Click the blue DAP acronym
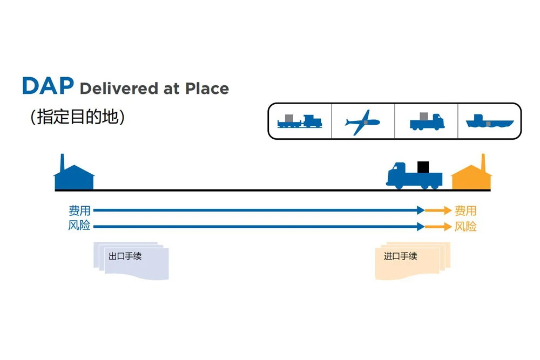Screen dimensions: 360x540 48,86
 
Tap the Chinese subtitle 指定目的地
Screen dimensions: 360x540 77,117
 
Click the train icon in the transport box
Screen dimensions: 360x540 299,121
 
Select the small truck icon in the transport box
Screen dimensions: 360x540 426,121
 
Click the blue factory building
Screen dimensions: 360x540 74,178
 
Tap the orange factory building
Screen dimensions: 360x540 471,178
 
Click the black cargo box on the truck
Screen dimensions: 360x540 423,167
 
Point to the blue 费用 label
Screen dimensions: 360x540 79,210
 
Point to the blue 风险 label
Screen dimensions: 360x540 79,226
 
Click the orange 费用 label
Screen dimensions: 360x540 465,210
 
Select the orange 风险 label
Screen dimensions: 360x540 465,226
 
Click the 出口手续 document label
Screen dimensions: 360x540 125,256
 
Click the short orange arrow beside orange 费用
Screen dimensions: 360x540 438,211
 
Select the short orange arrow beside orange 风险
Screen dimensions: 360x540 438,227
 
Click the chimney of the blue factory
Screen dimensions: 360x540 62,161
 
